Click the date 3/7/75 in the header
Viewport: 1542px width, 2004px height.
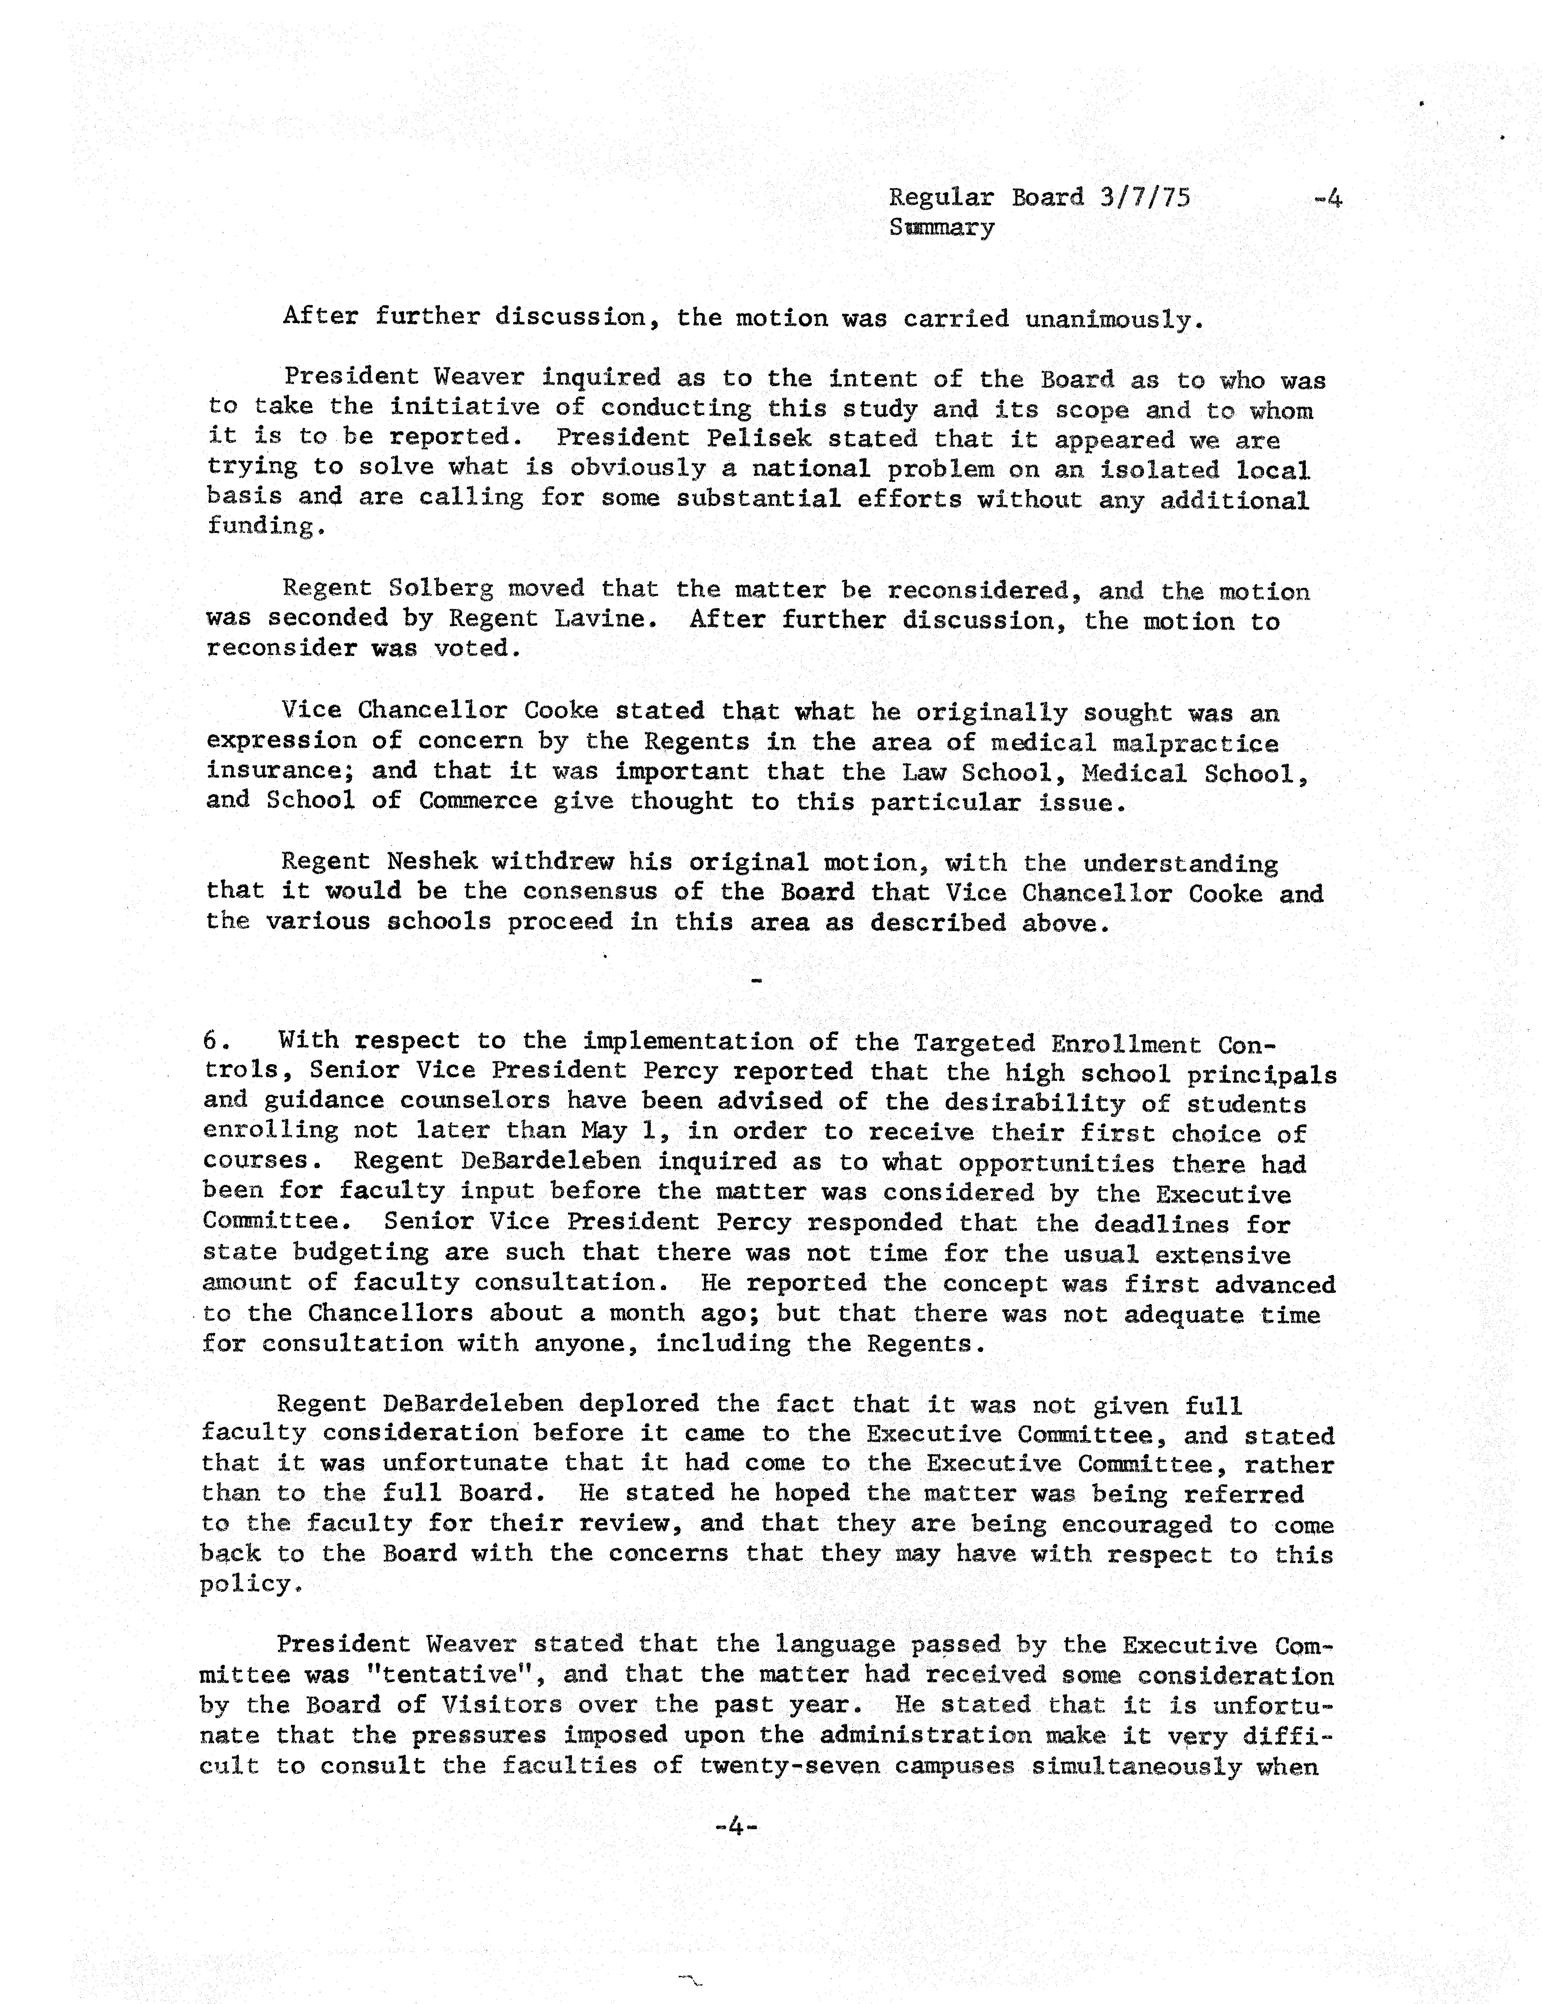click(x=1145, y=197)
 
